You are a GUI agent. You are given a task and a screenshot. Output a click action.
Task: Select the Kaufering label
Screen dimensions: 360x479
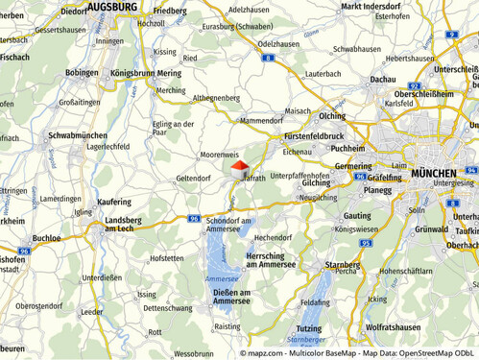[113, 203]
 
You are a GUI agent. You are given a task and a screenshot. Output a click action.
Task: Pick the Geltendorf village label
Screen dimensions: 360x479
[193, 178]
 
